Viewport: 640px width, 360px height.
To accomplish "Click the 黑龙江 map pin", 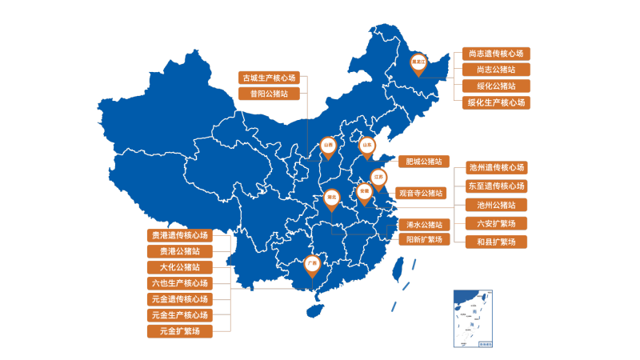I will click(418, 62).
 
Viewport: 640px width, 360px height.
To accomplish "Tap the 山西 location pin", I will click(328, 146).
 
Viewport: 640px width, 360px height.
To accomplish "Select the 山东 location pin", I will click(367, 146).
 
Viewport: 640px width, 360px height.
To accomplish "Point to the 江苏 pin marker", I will click(378, 177).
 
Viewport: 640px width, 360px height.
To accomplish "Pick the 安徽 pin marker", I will click(364, 192).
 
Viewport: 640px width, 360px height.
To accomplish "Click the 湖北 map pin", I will click(331, 197).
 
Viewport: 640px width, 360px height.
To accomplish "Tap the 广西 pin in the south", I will click(312, 263).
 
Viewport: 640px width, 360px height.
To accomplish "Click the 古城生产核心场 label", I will click(270, 78).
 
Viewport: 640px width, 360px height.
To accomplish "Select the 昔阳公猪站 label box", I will click(270, 94).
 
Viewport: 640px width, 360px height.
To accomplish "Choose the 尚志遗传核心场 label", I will click(496, 54).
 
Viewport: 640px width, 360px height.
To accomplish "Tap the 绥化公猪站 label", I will click(496, 86).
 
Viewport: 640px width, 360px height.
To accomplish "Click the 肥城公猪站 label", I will click(424, 162).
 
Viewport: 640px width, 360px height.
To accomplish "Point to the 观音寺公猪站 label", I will click(421, 193).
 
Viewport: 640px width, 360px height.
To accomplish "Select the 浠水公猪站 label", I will click(424, 224).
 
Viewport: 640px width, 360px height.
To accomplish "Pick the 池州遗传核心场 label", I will click(497, 168).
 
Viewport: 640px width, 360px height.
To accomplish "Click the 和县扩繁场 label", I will click(497, 242).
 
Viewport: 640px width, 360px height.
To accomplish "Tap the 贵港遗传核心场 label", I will click(180, 235).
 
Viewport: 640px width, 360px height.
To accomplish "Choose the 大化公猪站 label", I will click(180, 267).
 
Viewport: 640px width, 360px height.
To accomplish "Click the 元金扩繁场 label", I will click(180, 330).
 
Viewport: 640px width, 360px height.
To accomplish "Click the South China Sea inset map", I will click(473, 318).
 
